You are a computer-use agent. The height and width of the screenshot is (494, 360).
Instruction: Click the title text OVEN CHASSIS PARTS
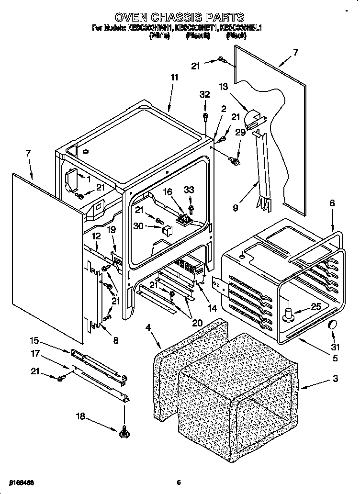pos(180,18)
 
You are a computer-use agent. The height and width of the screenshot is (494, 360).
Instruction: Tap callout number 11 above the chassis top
pos(174,77)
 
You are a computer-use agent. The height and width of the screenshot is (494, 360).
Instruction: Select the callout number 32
pos(205,95)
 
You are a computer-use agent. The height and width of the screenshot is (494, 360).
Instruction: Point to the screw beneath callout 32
pos(205,116)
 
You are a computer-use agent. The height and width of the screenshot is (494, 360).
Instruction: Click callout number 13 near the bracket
pos(224,86)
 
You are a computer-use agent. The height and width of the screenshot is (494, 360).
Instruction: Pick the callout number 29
pos(240,132)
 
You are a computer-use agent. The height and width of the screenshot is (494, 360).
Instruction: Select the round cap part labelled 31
pos(332,326)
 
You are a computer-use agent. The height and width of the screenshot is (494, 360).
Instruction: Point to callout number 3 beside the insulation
pos(335,379)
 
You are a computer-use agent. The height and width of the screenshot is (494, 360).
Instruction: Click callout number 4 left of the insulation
pos(148,327)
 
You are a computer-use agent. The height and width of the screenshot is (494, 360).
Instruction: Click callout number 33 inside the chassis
pos(190,190)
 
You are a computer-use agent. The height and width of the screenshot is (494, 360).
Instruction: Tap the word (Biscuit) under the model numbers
pos(198,36)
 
